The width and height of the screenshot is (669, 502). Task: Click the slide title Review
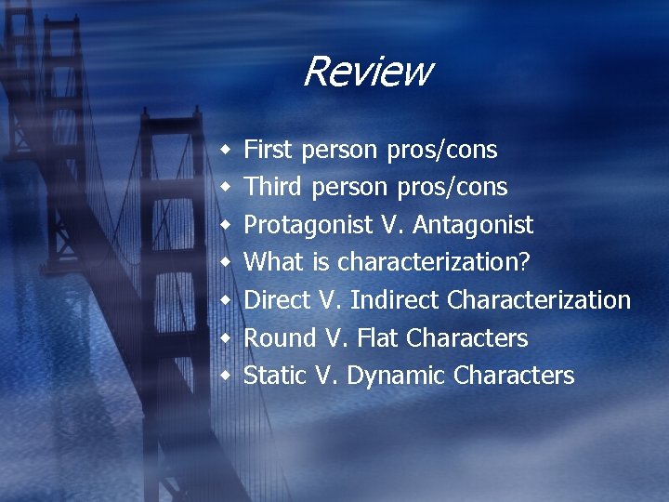pos(367,72)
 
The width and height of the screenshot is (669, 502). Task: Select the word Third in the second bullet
pos(272,187)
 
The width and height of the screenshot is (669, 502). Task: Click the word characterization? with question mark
pos(434,262)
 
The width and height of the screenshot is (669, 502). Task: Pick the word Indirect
pos(395,300)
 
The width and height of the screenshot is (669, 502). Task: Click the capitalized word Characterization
pos(539,300)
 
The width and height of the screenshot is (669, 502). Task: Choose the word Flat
pos(377,338)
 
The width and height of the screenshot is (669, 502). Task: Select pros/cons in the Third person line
pos(452,188)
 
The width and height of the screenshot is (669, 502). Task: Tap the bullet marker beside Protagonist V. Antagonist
pos(225,225)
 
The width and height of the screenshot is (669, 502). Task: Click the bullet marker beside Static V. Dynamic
pos(225,376)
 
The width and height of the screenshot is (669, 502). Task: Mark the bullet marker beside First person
pos(225,150)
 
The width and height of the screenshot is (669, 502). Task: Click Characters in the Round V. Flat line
pos(467,338)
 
